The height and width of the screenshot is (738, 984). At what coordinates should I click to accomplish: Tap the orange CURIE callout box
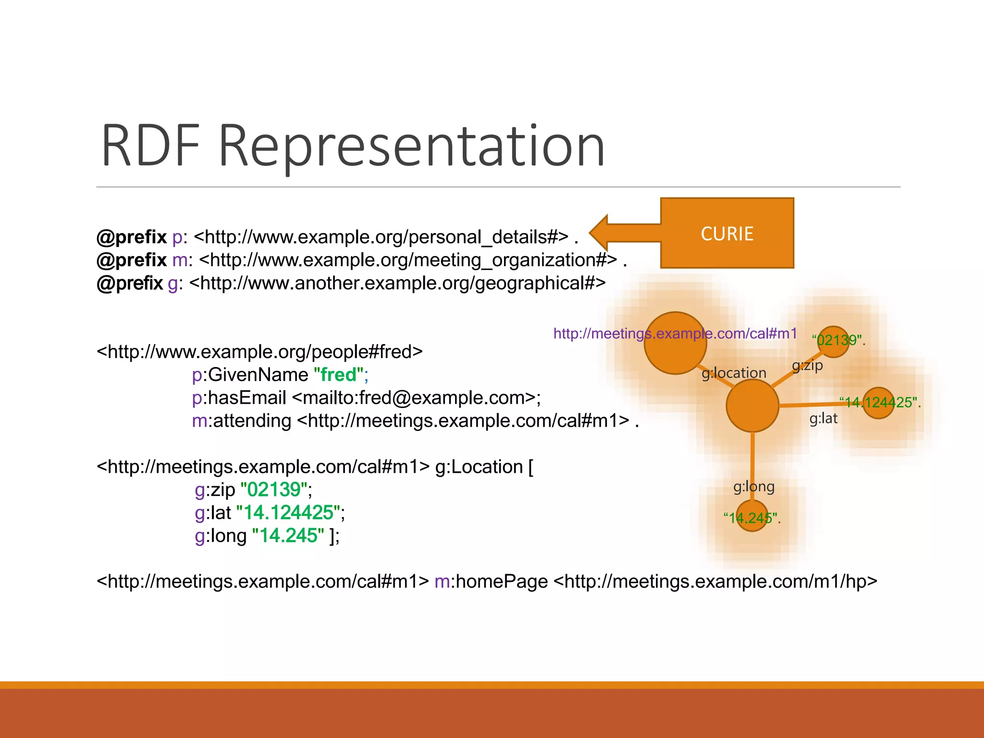726,234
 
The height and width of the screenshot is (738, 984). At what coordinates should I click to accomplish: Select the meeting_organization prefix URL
407,260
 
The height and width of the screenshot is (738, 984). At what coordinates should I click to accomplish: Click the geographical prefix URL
397,283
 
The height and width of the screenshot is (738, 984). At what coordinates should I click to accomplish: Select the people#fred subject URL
259,352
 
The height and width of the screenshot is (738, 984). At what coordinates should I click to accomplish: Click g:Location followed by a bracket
483,467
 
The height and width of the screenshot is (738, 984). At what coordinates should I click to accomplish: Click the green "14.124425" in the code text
288,513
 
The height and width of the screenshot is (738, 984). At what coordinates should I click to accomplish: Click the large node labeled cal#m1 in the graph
675,343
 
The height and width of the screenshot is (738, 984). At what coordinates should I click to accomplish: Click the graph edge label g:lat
823,418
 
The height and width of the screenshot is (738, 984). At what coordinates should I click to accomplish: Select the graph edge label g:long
753,487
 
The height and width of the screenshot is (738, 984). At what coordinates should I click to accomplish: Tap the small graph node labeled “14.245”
752,516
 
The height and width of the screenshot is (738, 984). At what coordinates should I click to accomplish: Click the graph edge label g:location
734,373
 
